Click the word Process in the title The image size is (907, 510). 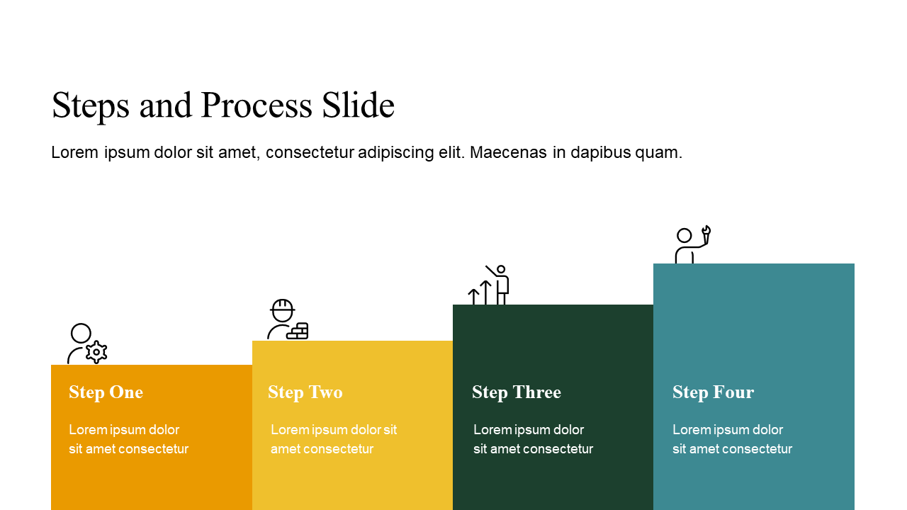pos(257,106)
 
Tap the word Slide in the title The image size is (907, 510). pos(358,104)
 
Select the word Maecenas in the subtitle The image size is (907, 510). pos(508,152)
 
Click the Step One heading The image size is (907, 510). pos(106,392)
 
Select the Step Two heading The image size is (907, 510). pos(305,392)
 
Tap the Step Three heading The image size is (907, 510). pos(517,392)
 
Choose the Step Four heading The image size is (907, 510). pos(714,392)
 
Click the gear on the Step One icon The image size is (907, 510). pos(96,352)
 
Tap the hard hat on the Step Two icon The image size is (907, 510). pos(283,310)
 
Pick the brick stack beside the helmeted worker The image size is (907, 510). pos(298,331)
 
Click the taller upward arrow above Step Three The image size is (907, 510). pos(486,293)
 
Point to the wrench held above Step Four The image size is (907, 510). pos(706,234)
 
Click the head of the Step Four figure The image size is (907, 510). pos(685,236)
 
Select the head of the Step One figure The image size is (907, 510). pos(81,333)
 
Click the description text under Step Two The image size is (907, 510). pos(334,439)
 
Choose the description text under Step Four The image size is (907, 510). pos(732,439)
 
